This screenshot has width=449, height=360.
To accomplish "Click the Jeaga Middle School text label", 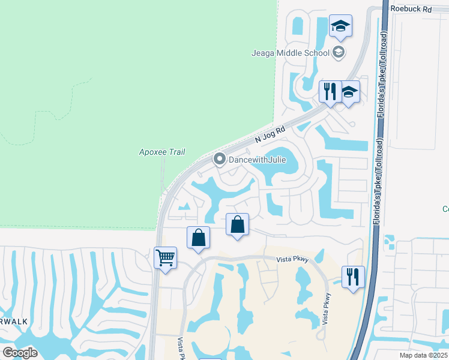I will pyautogui.click(x=290, y=53).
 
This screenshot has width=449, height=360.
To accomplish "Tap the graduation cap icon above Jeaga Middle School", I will pyautogui.click(x=340, y=26).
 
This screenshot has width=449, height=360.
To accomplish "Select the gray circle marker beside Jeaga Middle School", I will pyautogui.click(x=339, y=53).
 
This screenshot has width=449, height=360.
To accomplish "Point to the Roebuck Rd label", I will pyautogui.click(x=411, y=9).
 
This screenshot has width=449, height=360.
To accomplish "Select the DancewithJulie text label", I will pyautogui.click(x=256, y=160).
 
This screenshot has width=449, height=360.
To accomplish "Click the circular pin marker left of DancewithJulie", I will pyautogui.click(x=219, y=160).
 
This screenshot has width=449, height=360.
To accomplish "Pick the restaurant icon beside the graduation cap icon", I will pyautogui.click(x=329, y=91).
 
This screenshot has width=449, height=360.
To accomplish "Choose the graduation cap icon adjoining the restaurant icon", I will pyautogui.click(x=349, y=92).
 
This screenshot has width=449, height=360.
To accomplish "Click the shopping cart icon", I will pyautogui.click(x=165, y=258).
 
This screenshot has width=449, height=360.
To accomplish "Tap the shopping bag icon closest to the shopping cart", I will pyautogui.click(x=198, y=238).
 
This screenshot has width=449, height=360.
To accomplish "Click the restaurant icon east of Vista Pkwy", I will pyautogui.click(x=352, y=277).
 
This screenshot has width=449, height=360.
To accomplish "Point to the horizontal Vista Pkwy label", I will pyautogui.click(x=292, y=259).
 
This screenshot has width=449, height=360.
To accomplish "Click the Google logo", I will pyautogui.click(x=20, y=352).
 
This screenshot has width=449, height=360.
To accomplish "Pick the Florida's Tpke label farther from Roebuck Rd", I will pyautogui.click(x=379, y=180).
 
